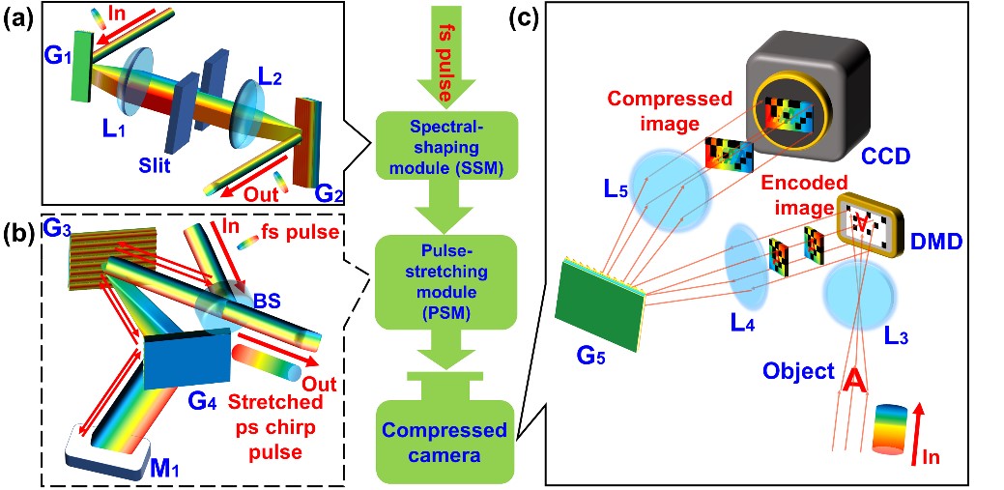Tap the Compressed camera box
pyautogui.click(x=447, y=440)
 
